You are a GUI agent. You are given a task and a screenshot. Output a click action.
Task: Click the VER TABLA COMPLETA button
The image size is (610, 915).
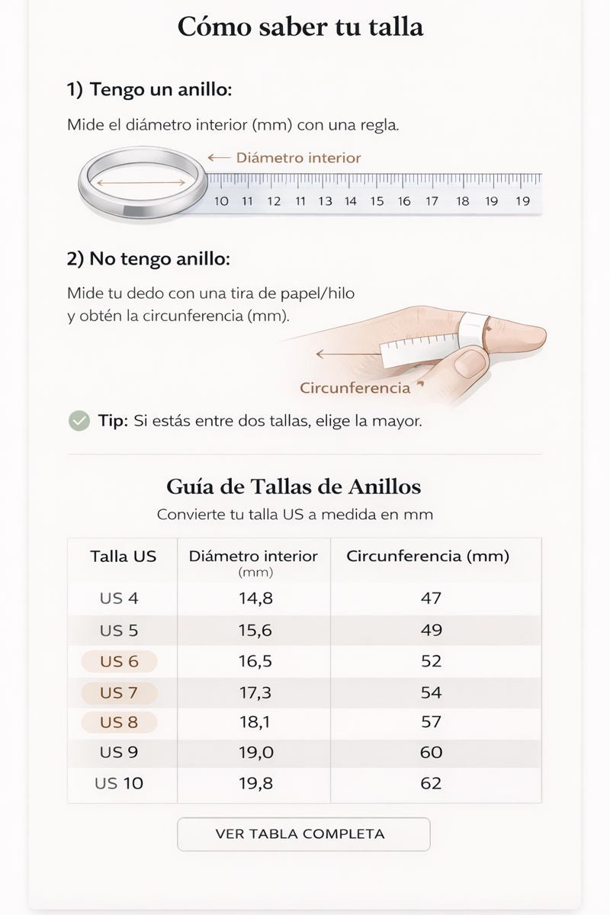coord(303,833)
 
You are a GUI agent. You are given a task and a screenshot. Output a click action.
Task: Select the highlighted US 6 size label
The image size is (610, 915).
coord(119,661)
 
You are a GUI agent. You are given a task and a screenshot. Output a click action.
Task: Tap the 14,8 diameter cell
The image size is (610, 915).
coord(255,599)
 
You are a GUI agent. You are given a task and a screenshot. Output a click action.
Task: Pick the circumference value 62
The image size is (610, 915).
coord(431,783)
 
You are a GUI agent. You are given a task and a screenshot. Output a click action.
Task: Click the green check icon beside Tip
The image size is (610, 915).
coord(79,420)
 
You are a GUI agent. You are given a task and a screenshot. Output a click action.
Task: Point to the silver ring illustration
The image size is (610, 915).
coord(143,183)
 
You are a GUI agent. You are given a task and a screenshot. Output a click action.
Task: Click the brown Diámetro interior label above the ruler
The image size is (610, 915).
coord(298,158)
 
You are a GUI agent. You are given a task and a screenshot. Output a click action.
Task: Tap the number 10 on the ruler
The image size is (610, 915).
coord(221,201)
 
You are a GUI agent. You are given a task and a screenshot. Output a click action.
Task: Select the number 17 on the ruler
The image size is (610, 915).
coord(432,201)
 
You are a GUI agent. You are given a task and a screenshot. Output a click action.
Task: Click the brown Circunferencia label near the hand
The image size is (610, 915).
coord(355,387)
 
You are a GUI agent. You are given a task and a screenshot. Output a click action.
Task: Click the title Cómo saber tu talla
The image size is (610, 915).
coord(300,27)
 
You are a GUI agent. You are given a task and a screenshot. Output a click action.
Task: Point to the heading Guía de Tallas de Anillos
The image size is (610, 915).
coord(294,486)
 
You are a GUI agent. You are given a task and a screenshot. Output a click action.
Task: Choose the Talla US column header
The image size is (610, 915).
coord(123,556)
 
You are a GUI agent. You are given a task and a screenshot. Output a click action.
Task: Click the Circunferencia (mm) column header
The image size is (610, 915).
coord(428,556)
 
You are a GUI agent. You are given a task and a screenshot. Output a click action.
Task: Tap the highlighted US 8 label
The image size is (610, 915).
coord(119,722)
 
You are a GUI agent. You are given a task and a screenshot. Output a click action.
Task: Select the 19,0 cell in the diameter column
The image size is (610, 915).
coord(255,753)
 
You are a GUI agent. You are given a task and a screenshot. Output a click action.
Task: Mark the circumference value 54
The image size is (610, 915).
coord(431,692)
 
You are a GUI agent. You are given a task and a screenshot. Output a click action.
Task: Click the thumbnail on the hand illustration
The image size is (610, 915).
coord(470,362)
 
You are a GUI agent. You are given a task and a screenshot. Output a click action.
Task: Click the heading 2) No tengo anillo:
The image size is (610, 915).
coord(148,258)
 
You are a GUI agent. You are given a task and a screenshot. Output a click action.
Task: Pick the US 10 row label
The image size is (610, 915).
coord(119,783)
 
